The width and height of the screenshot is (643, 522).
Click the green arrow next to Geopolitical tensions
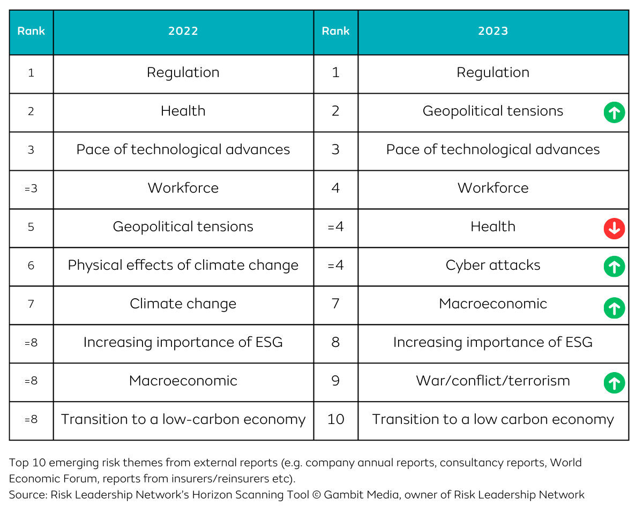(x=614, y=112)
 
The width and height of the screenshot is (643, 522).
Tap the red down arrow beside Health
(x=614, y=229)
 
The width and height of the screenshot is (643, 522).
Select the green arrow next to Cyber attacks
(x=614, y=267)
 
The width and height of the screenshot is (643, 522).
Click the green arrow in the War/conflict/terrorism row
(x=614, y=383)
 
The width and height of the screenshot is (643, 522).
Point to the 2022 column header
(x=183, y=31)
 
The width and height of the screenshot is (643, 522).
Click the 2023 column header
(x=493, y=31)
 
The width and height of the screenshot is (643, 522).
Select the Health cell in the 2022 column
(x=183, y=111)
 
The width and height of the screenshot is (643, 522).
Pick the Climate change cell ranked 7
(x=183, y=304)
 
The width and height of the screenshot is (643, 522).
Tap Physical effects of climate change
(x=183, y=265)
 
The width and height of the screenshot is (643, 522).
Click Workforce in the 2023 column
(x=493, y=188)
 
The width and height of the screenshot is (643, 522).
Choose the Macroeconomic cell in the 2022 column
(x=183, y=381)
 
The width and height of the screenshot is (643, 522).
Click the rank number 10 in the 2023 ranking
(x=335, y=419)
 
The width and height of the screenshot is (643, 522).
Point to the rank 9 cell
(x=335, y=381)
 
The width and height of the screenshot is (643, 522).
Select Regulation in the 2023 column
(x=493, y=72)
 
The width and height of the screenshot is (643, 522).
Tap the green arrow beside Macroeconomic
(x=614, y=308)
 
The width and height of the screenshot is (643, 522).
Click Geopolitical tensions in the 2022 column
(x=183, y=226)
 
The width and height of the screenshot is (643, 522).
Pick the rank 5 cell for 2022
(x=31, y=226)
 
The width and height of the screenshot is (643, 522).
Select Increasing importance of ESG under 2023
(x=493, y=342)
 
